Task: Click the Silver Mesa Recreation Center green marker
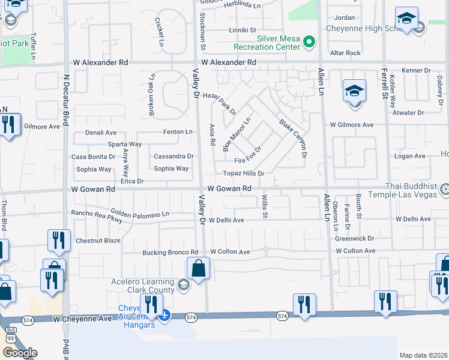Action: (309, 42)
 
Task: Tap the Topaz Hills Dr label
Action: (244, 173)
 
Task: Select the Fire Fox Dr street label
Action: (249, 156)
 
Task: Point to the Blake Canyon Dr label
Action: (293, 139)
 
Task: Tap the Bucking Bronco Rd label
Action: (170, 253)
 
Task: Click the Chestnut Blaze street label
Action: (98, 241)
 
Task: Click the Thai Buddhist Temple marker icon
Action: (444, 191)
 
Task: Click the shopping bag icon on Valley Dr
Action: (198, 269)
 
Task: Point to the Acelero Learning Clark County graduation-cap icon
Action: (184, 284)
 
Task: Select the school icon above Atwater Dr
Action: (354, 91)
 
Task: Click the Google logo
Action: (20, 353)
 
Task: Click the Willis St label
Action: (264, 206)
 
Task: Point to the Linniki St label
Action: (243, 30)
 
